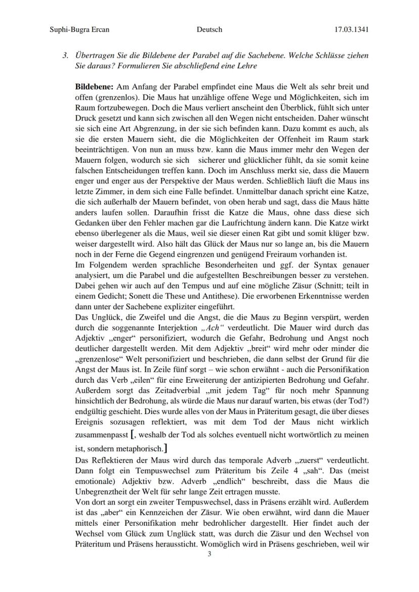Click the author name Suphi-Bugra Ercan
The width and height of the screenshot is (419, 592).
pos(80,29)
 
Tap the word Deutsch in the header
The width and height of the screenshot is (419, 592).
pos(209,29)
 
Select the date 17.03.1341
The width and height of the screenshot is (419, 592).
pos(351,29)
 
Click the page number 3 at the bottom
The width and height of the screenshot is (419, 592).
pos(209,554)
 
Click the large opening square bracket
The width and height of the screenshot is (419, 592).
pos(133,435)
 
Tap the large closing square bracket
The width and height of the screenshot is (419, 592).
pos(166,448)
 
